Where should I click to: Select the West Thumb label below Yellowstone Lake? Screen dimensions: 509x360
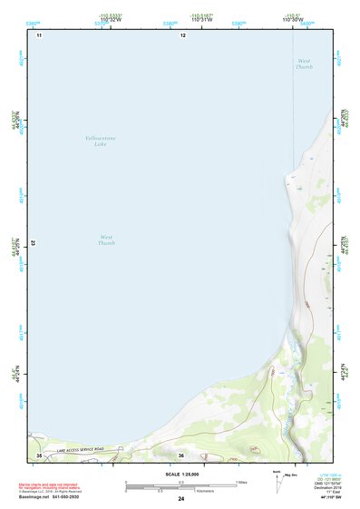point(107,240)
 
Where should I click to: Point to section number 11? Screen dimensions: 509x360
point(39,35)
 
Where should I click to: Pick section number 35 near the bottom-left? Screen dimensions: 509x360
point(39,455)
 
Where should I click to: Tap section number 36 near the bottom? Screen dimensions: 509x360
point(181,455)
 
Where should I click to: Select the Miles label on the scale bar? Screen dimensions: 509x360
point(243,481)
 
